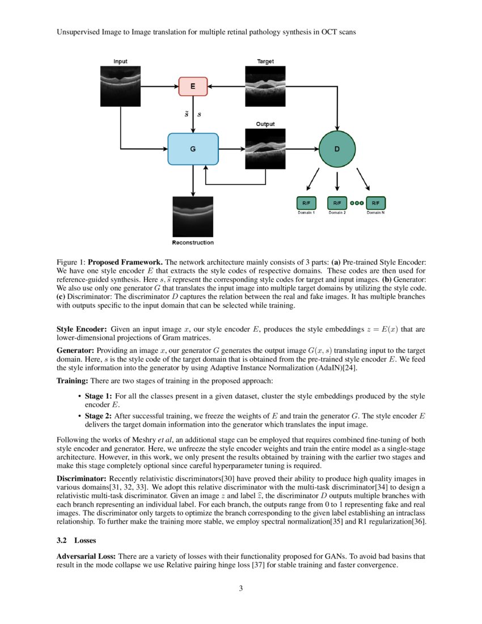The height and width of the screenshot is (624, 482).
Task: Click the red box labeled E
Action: tap(193, 87)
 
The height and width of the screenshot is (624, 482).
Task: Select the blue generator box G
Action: tap(193, 149)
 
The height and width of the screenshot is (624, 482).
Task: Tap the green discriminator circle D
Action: tap(337, 149)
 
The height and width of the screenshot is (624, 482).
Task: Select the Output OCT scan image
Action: tap(265, 149)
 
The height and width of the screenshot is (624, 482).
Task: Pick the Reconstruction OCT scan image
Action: tap(193, 216)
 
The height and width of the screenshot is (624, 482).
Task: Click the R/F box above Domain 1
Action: tap(306, 203)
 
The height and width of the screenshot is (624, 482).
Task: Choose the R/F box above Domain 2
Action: tap(337, 203)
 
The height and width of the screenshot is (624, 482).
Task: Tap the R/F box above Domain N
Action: tap(375, 203)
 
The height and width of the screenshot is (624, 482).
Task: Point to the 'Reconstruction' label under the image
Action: tap(193, 243)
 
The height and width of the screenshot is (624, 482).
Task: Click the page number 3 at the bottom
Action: tap(240, 588)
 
